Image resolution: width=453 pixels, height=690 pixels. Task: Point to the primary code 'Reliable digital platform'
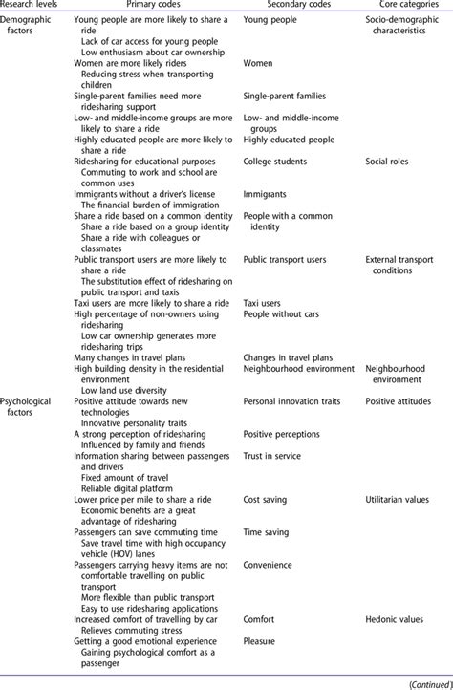click(x=130, y=487)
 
